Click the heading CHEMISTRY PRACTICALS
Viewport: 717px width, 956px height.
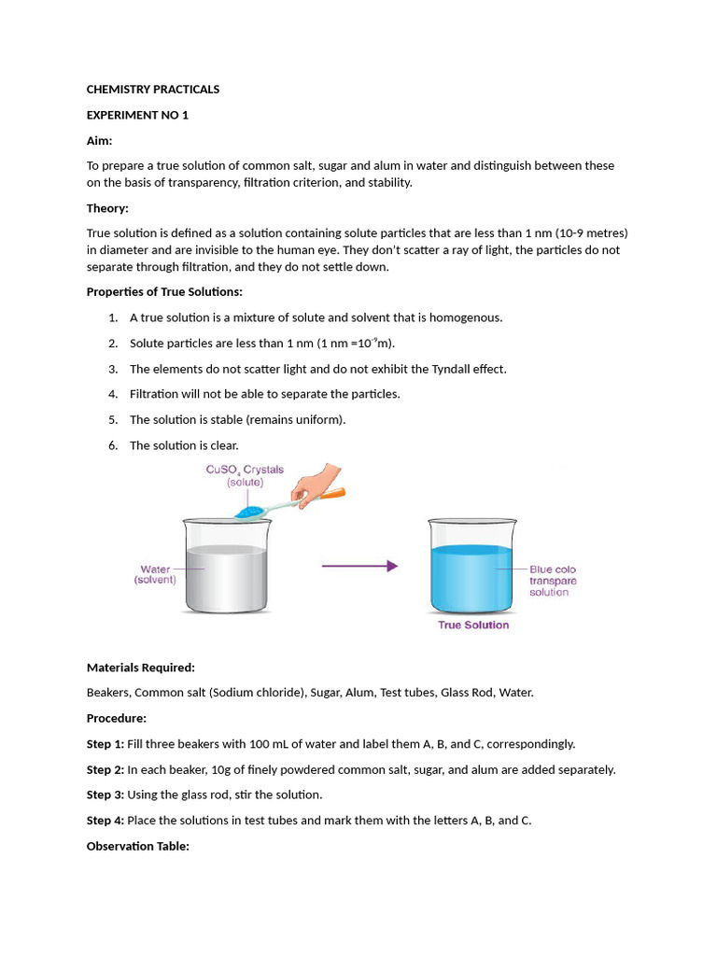coord(153,90)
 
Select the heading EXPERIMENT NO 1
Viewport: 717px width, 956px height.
coord(137,115)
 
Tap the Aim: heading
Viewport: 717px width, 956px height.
coord(99,140)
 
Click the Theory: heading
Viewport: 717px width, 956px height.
coord(107,208)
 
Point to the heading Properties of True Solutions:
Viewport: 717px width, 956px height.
coord(164,292)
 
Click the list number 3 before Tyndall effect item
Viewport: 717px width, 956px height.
coord(112,369)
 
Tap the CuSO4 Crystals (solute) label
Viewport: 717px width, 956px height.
coord(245,476)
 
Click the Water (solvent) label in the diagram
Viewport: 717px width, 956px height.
coord(155,574)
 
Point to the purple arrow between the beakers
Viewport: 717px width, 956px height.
coord(359,566)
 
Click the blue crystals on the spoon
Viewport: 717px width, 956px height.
coord(251,511)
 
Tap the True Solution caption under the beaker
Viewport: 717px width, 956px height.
coord(473,626)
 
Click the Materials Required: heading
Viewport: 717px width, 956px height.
coord(141,668)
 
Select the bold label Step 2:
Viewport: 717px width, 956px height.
coord(105,770)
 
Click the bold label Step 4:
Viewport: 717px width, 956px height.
coord(105,821)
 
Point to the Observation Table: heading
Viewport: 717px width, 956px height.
coord(138,846)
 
